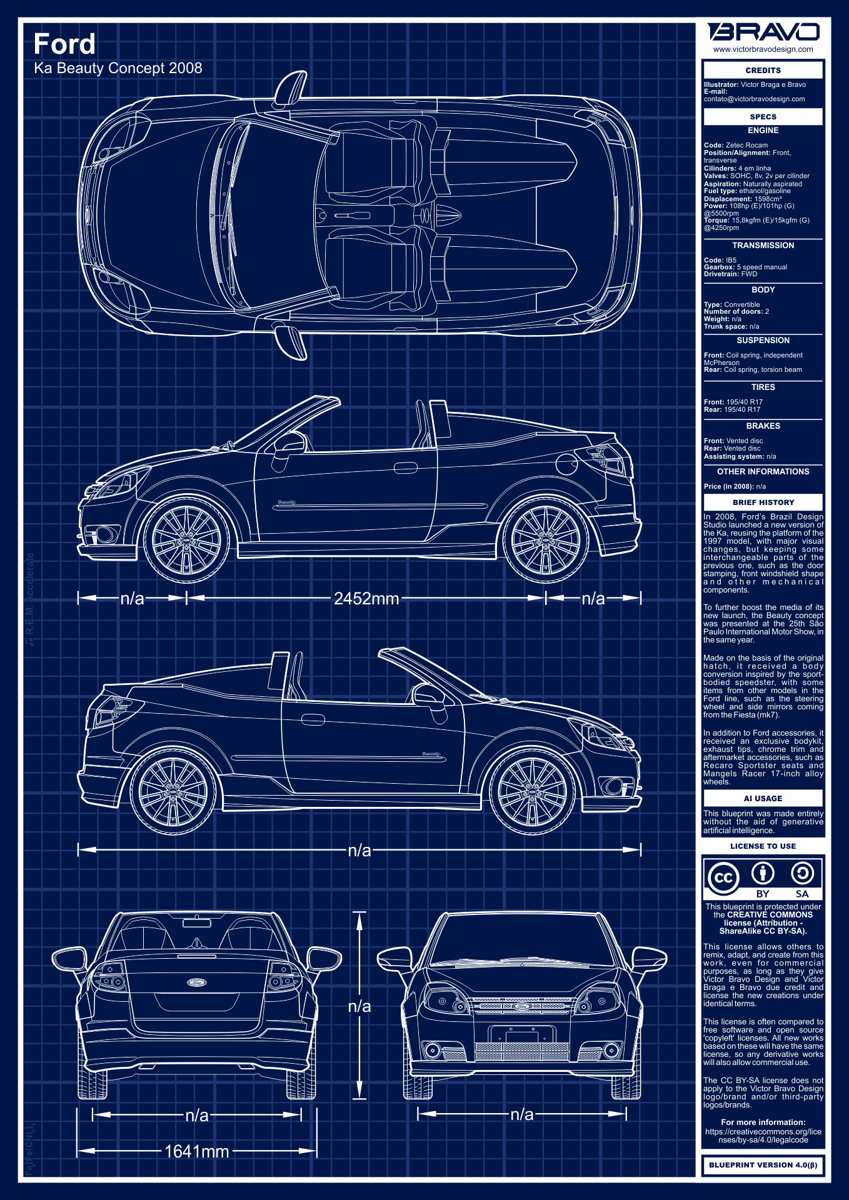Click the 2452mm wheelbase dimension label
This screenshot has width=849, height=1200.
(x=366, y=599)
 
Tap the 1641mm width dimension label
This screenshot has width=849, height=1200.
(x=197, y=1151)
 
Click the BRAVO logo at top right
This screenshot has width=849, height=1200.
(x=763, y=32)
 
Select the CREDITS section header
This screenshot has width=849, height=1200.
(x=763, y=70)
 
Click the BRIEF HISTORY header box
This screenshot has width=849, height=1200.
(x=763, y=502)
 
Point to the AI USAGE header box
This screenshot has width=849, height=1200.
(x=763, y=798)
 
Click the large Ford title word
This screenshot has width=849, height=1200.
(x=64, y=44)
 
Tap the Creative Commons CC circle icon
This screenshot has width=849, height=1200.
(x=723, y=877)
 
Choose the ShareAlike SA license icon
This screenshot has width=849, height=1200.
(x=802, y=873)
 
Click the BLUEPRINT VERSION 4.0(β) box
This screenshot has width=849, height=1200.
(x=763, y=1165)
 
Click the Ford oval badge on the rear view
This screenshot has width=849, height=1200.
(x=197, y=982)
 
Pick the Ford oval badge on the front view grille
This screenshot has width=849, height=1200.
(x=521, y=1006)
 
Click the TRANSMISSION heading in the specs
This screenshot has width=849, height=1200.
(x=763, y=246)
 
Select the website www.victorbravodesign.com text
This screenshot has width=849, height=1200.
(x=763, y=49)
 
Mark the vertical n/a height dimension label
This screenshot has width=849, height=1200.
(x=359, y=1006)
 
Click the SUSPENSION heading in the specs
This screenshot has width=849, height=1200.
(x=763, y=341)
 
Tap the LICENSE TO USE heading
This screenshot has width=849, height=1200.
(x=763, y=846)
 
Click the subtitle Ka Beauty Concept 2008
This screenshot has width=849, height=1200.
(x=118, y=68)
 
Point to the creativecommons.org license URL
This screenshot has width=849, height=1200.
(x=763, y=1136)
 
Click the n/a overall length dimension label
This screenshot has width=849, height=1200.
(x=359, y=850)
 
